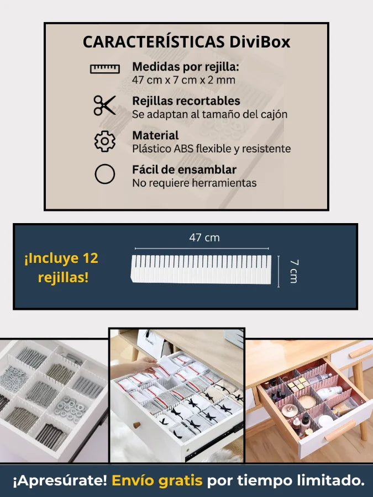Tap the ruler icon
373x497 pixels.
click(105, 68)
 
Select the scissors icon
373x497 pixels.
click(104, 105)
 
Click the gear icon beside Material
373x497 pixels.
click(105, 141)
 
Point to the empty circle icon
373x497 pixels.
click(104, 174)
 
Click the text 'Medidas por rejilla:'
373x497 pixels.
click(186, 67)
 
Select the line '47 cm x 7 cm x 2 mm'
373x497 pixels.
click(183, 80)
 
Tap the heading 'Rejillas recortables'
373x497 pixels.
click(186, 101)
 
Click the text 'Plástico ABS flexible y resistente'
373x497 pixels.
click(211, 149)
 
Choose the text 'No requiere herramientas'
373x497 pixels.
click(194, 183)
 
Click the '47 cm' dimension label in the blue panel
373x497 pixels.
click(204, 237)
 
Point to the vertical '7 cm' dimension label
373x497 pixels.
click(294, 271)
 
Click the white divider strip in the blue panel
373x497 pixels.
click(201, 269)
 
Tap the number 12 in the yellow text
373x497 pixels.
click(91, 258)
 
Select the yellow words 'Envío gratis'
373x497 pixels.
click(157, 480)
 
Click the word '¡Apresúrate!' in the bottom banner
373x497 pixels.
click(60, 480)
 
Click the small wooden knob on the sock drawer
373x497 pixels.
click(136, 425)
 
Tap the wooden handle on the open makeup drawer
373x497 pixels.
click(340, 430)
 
